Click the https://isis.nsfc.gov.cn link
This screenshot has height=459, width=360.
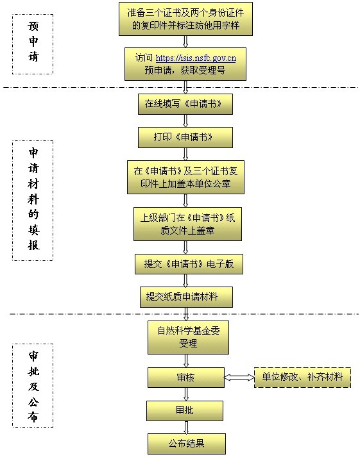point(196,58)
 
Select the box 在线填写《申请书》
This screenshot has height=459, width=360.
point(185,104)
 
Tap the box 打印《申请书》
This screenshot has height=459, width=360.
point(185,137)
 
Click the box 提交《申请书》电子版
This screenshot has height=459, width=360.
point(189,264)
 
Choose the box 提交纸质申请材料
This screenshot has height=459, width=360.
point(186,297)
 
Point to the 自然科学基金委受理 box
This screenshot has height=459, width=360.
point(188,337)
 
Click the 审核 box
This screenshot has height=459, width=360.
point(186,378)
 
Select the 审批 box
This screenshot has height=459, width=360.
point(185,411)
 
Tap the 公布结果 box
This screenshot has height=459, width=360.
point(187,444)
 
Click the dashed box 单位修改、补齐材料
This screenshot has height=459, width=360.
point(302,378)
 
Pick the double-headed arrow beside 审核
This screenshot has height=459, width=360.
point(239,378)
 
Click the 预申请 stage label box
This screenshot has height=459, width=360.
point(33,44)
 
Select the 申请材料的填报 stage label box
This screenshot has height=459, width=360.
point(33,201)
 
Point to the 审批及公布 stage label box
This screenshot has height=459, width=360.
point(33,386)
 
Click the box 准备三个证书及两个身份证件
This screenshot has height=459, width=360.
point(185,19)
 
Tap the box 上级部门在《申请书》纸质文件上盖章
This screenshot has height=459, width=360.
point(188,224)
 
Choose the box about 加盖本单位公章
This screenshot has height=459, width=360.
point(185,177)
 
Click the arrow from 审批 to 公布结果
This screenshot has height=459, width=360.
point(185,428)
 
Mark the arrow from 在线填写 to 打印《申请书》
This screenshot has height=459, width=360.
point(185,121)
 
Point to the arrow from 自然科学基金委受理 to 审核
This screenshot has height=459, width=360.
point(186,361)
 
